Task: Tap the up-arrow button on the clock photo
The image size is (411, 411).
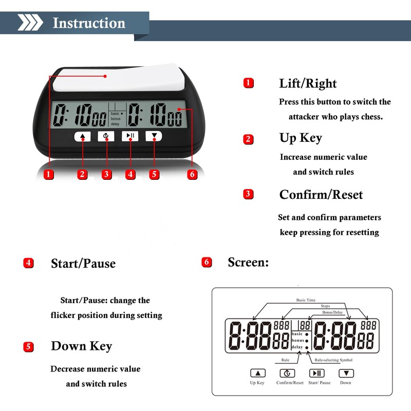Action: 82,136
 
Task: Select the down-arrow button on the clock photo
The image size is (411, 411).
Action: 154,136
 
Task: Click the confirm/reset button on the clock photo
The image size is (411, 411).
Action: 106,136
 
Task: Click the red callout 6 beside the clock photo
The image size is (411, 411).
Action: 192,174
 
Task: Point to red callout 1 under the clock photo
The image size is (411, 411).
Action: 49,174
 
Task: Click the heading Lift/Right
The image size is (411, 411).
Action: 308,83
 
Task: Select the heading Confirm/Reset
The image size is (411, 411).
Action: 321,195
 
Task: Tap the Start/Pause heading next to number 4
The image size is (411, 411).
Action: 83,264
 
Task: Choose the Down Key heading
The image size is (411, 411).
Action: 81,346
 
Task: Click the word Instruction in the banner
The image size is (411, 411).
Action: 89,23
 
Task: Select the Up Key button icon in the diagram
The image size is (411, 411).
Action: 257,373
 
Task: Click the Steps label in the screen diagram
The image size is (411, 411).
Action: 325,306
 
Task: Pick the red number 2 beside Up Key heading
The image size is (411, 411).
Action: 249,139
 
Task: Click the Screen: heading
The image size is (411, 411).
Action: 248,262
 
